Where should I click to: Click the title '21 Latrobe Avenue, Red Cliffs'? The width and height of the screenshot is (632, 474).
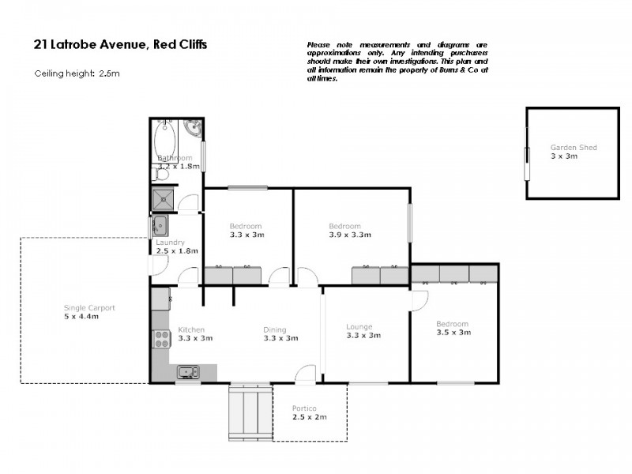[120, 45]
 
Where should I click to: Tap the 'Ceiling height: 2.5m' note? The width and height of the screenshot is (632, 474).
[77, 73]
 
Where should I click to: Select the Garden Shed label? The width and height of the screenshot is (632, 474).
[574, 148]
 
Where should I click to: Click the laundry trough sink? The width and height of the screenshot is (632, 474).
[160, 225]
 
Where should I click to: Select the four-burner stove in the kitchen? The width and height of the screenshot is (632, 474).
[160, 339]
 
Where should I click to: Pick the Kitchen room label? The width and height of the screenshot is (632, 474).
[191, 329]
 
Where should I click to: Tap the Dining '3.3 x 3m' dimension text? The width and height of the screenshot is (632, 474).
[280, 338]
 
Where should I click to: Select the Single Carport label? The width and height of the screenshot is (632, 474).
[89, 307]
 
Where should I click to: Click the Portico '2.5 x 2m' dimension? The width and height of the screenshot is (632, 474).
[309, 416]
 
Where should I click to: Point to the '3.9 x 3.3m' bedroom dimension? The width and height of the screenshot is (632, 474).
[350, 235]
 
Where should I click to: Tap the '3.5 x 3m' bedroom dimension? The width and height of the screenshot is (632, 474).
[453, 333]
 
